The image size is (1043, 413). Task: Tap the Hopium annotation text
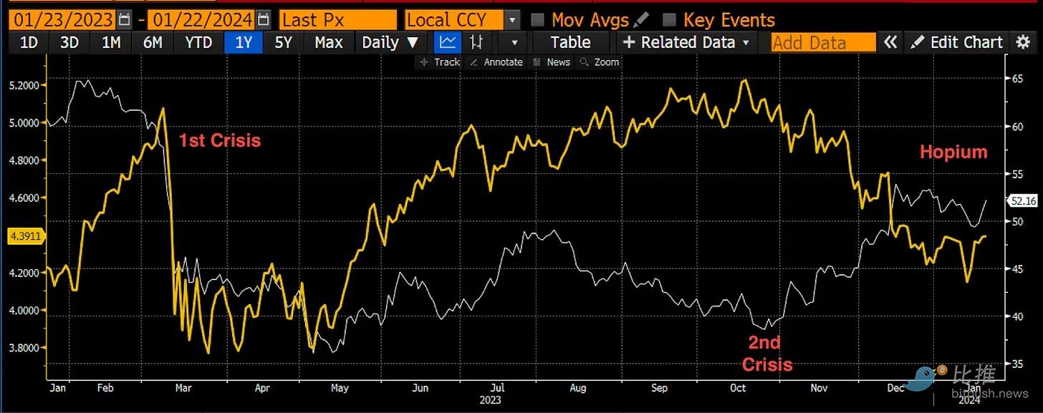click(x=953, y=152)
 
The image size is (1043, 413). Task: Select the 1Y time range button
click(x=244, y=42)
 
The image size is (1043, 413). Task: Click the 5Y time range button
click(x=284, y=42)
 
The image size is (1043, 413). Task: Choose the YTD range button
click(x=198, y=42)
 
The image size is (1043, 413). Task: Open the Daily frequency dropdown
click(x=390, y=42)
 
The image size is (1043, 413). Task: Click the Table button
click(x=570, y=42)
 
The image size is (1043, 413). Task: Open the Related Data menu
click(x=686, y=42)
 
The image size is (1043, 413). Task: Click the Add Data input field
click(x=823, y=42)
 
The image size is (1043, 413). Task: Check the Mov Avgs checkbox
click(x=538, y=19)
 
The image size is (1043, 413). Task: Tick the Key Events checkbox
click(x=669, y=19)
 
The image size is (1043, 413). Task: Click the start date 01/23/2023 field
click(x=62, y=19)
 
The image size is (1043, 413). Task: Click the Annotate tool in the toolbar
click(x=496, y=62)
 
